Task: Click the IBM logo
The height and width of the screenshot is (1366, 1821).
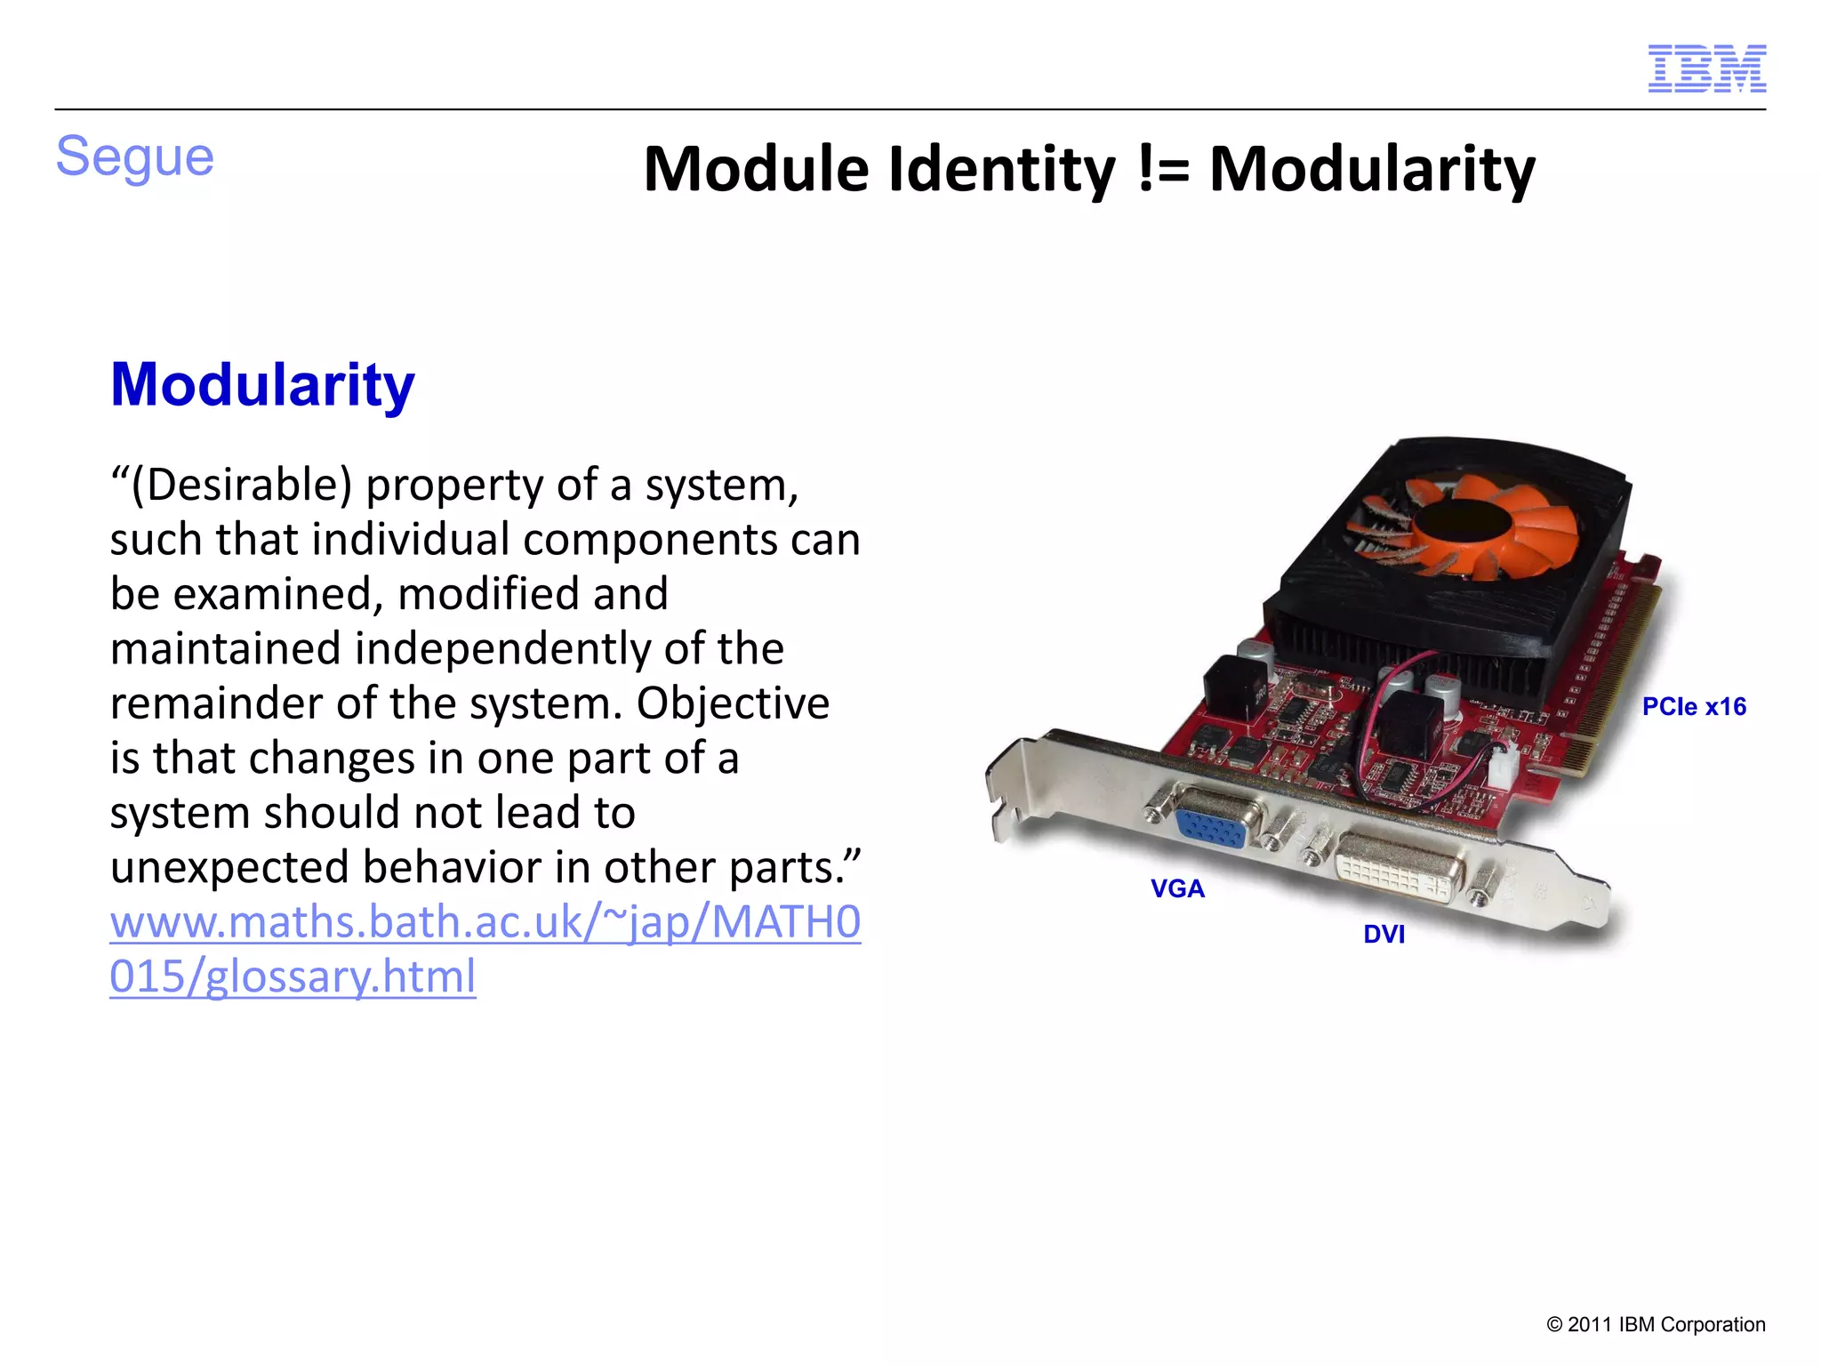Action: point(1706,68)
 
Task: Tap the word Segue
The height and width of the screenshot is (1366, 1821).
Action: point(135,157)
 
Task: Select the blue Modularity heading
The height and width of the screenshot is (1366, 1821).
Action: point(262,385)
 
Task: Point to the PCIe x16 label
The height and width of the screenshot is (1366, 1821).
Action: point(1693,707)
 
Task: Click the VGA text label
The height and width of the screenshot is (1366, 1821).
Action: point(1177,888)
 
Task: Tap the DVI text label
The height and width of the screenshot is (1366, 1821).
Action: point(1384,935)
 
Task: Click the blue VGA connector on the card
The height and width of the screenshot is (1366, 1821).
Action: point(1210,828)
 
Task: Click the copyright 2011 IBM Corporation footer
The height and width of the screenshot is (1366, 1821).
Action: point(1656,1325)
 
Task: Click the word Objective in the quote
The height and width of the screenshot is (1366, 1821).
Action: point(733,703)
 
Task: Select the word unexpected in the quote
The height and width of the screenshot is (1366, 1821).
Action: point(229,867)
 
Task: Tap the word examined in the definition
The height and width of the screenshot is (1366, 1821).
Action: point(278,594)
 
